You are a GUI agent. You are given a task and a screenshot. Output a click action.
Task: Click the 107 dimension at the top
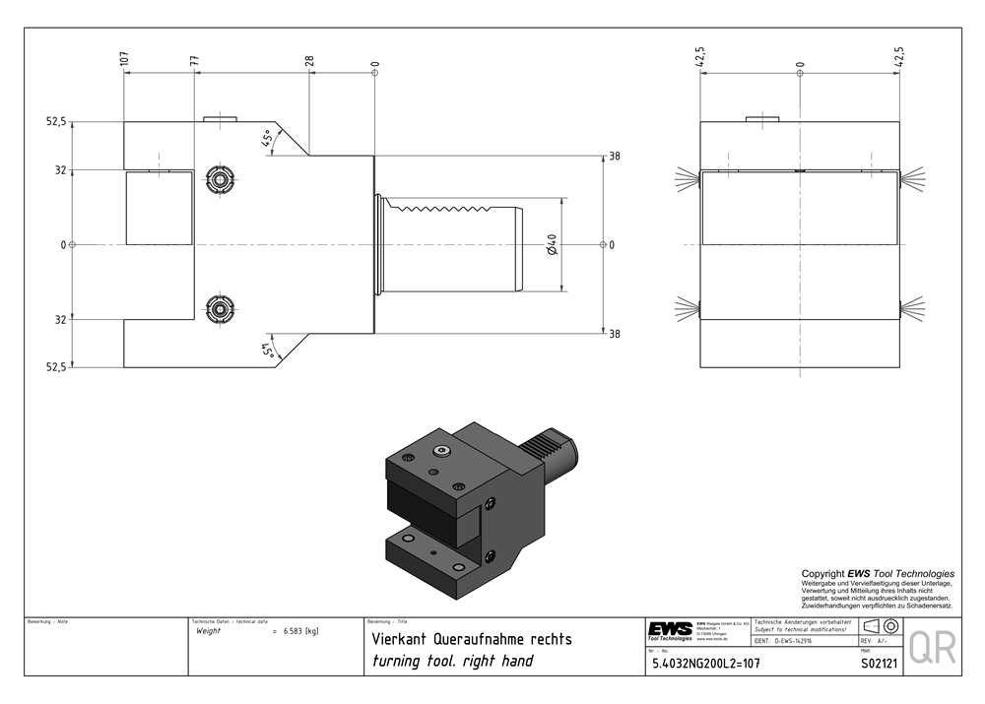124,59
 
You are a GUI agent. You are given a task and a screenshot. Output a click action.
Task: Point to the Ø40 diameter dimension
552,243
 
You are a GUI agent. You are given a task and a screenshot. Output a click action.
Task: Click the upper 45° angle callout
266,139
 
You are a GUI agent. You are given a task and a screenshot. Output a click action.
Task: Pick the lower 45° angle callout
266,350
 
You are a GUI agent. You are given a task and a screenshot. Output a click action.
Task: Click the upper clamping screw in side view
218,179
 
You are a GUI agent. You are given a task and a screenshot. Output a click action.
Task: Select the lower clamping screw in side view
218,308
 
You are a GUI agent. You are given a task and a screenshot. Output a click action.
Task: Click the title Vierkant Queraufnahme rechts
470,639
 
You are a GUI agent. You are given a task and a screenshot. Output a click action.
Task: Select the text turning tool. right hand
451,661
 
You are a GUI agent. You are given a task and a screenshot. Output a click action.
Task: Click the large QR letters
931,647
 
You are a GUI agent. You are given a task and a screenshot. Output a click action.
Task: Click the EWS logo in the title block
669,630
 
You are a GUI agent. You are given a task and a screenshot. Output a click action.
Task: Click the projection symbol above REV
879,626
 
